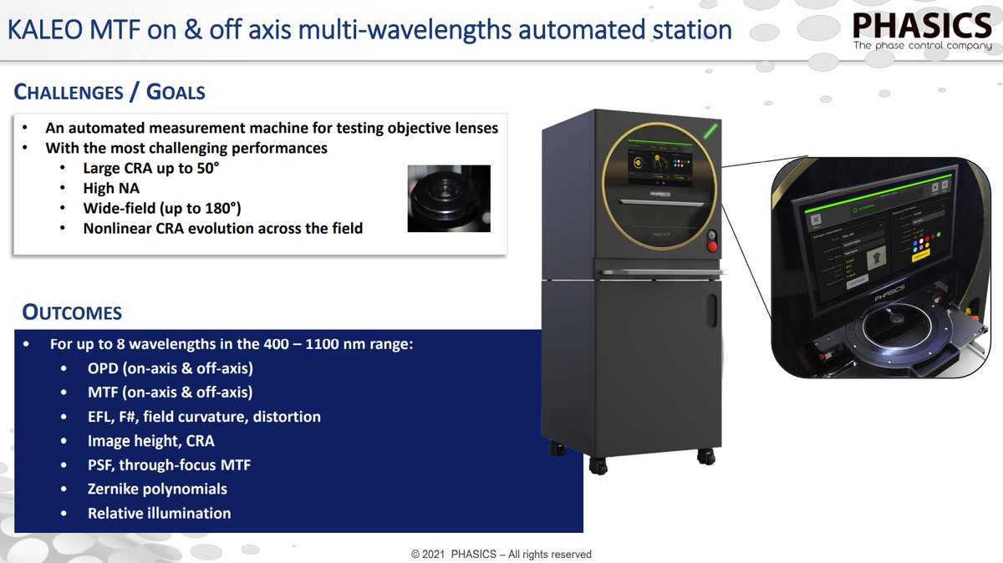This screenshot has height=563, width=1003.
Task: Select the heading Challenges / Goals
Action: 109,91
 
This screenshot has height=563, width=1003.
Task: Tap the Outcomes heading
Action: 72,313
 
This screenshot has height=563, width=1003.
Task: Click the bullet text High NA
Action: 110,188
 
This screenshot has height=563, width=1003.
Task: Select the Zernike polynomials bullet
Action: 157,489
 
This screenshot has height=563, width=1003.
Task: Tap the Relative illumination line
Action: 159,513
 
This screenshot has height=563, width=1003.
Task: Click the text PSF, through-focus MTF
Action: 169,464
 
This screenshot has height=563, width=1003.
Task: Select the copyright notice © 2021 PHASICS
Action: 501,554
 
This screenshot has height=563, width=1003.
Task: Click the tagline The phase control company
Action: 922,45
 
